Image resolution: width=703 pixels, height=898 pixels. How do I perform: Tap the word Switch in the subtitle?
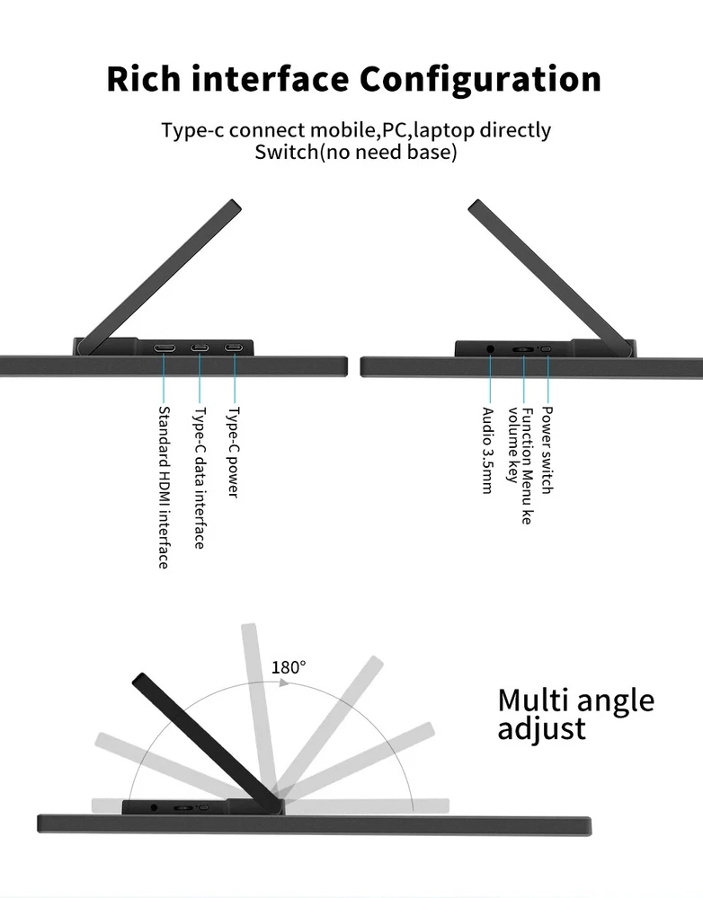tap(286, 153)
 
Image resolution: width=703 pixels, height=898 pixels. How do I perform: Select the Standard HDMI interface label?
tap(164, 488)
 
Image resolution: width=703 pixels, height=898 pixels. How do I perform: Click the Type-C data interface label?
tap(199, 478)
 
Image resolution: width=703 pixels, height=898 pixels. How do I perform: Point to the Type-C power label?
tap(234, 453)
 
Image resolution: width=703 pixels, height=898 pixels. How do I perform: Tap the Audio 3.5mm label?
tap(487, 450)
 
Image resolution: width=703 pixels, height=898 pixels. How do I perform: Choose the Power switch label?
tap(547, 450)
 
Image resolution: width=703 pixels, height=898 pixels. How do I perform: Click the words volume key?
tap(512, 445)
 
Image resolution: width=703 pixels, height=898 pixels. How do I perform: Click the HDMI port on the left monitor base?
tap(164, 348)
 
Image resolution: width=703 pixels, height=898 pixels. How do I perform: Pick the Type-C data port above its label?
tap(200, 348)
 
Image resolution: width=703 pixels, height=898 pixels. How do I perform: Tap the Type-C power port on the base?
tap(234, 348)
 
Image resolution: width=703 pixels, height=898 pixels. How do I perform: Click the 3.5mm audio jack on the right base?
tap(490, 348)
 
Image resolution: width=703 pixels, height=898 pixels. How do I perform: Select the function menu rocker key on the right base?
tap(523, 348)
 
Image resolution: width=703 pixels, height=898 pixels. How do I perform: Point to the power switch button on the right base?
tap(547, 348)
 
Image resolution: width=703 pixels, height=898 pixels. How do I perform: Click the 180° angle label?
tap(289, 667)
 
